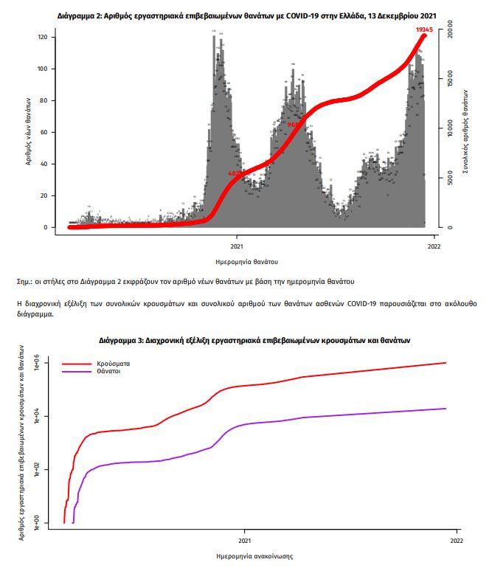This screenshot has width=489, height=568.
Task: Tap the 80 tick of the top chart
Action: pos(43,100)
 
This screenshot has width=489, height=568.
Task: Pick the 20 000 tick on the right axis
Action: pos(450,32)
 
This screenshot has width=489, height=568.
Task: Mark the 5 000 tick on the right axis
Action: pos(450,179)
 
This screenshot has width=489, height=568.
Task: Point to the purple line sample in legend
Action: pos(76,373)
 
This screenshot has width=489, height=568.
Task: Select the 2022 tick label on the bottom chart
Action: pos(456,541)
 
